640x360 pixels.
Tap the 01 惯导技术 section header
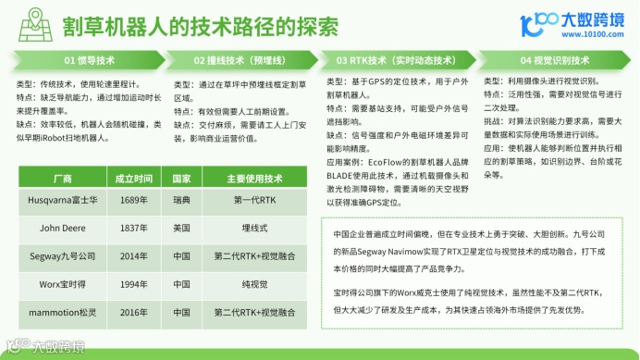click(89, 60)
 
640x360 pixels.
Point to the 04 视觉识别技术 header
click(553, 60)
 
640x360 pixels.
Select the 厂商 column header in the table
click(63, 178)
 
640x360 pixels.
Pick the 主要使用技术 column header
click(249, 178)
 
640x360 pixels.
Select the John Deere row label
click(63, 225)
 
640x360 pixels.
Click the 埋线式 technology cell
click(249, 225)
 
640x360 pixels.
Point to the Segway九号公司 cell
click(63, 254)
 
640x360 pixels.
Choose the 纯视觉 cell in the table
click(249, 282)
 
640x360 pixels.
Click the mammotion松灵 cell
click(63, 312)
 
